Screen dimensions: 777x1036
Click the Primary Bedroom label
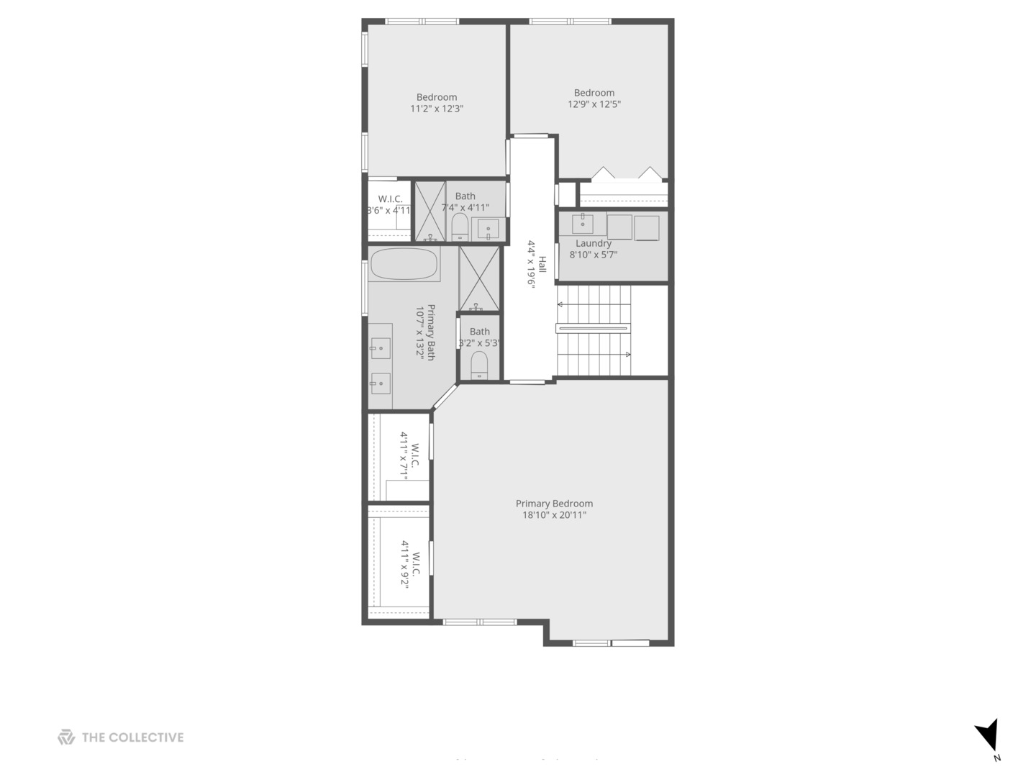click(554, 504)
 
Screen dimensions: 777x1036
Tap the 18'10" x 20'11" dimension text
click(554, 515)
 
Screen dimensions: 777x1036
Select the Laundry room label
click(594, 243)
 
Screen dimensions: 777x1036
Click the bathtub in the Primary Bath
click(404, 264)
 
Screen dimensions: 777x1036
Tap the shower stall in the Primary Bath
click(479, 278)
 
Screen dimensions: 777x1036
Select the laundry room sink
click(583, 223)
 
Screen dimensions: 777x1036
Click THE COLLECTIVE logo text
click(132, 737)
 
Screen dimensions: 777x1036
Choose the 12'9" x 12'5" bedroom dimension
click(594, 104)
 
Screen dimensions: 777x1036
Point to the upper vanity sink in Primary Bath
click(380, 349)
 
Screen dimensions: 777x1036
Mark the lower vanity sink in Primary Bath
click(380, 383)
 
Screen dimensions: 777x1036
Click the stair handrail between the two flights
click(593, 328)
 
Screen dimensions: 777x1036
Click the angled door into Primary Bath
click(445, 396)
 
